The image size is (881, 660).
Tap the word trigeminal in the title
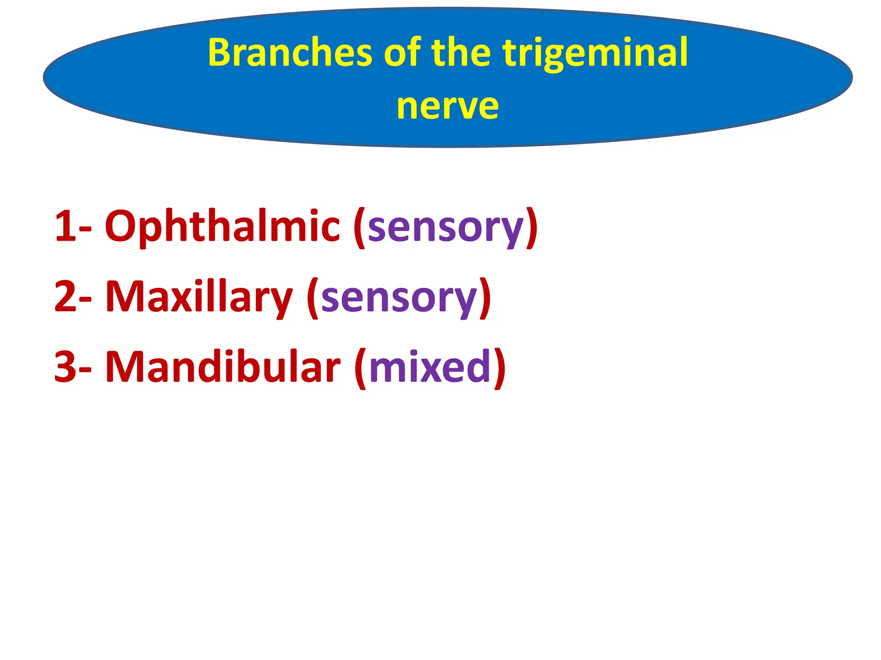point(595,54)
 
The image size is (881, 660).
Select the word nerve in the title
point(447,106)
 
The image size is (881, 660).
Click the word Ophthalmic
point(222,226)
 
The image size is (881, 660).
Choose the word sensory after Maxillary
point(399,298)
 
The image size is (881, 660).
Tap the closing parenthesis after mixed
point(499,367)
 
